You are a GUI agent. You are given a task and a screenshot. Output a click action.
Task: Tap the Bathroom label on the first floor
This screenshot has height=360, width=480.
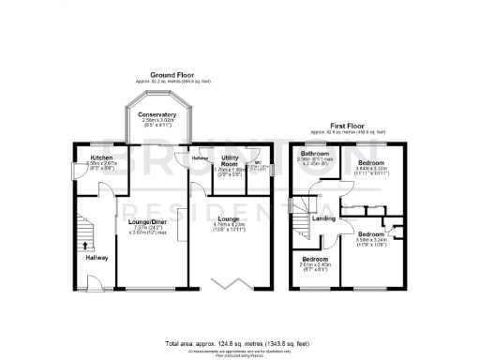314,153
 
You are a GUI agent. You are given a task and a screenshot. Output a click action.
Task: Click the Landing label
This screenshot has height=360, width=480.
324,218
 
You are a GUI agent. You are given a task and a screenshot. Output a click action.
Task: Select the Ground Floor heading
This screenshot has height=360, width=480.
172,74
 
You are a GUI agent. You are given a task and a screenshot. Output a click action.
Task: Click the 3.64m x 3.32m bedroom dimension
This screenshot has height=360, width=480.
372,171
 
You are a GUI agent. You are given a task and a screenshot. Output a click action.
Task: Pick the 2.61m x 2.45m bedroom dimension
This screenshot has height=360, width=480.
316,266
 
